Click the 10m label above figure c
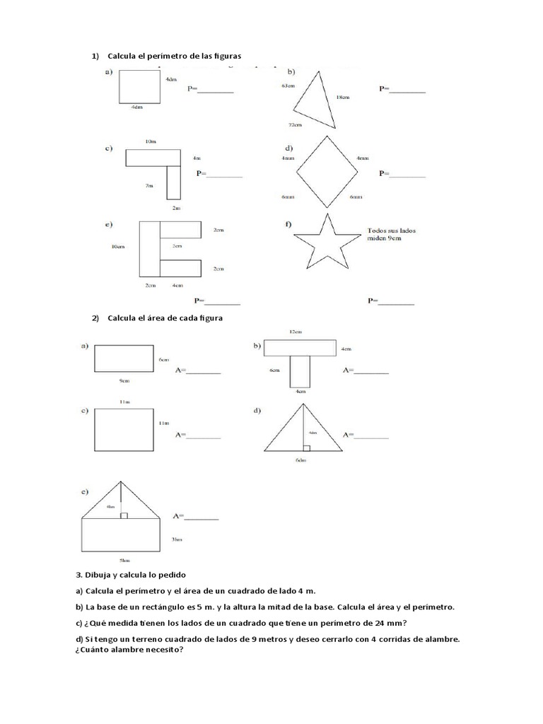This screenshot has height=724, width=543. point(150,141)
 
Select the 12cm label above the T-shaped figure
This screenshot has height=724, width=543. point(296,332)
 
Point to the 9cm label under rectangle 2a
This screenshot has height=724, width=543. point(124,380)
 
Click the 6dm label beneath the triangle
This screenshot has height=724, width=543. point(301,460)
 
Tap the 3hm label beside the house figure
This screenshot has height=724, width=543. point(178,539)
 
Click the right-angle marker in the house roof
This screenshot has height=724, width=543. point(124,515)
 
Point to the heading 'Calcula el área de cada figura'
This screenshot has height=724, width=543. point(165,318)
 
